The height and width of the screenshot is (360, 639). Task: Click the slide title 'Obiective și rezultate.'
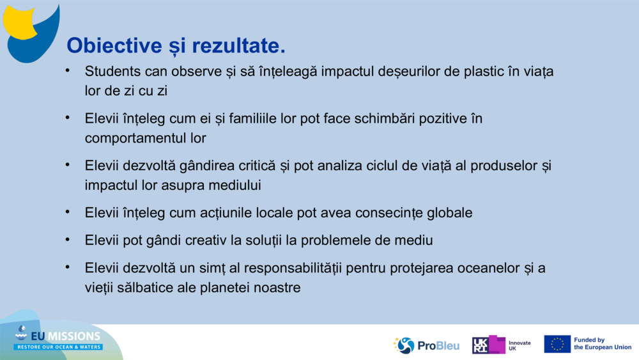tap(176, 45)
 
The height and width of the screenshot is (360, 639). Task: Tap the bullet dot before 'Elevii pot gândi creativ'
tap(67, 239)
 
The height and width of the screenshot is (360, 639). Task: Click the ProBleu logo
tap(427, 345)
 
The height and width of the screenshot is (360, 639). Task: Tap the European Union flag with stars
tap(557, 344)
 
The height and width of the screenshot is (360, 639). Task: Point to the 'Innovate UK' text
tap(519, 346)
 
